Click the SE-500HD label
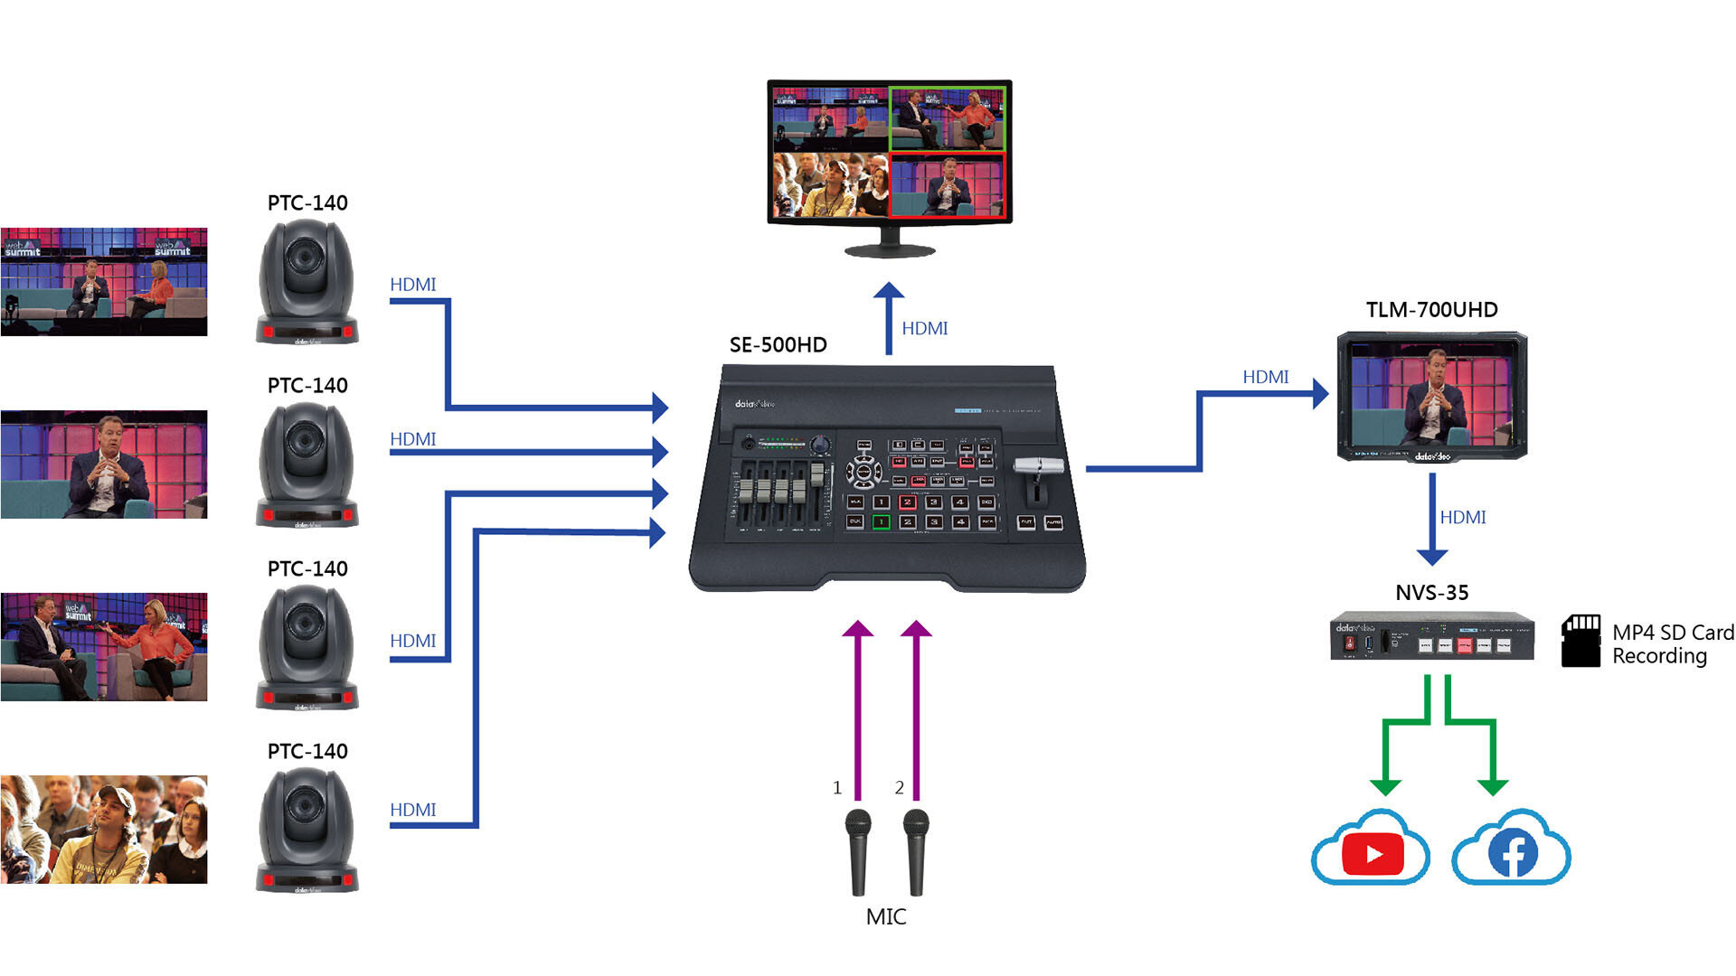pos(778,345)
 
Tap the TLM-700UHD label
pos(1431,310)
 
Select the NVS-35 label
pos(1431,593)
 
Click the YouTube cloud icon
pos(1371,849)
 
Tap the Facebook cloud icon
pos(1512,849)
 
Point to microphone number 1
pos(857,849)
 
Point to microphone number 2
pos(916,849)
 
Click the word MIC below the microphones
pos(885,916)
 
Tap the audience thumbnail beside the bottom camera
pos(104,829)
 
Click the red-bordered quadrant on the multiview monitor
pos(947,185)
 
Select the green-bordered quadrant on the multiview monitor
pos(947,118)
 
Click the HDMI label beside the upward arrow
pos(924,329)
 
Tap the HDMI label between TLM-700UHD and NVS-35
pos(1462,518)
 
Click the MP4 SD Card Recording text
pos(1673,644)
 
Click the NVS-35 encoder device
pos(1431,637)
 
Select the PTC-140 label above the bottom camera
pos(307,752)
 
